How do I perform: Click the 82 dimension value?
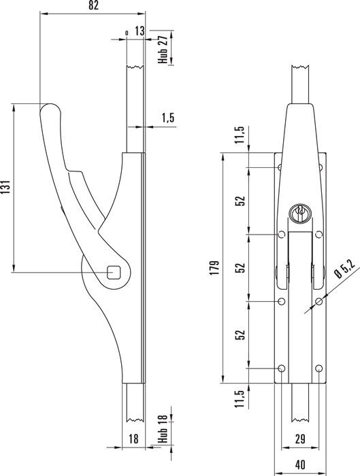coord(94,5)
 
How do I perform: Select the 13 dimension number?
coord(139,31)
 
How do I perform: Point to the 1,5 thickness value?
coord(168,118)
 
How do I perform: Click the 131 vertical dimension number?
coord(5,188)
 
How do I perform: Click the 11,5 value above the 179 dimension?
coord(240,136)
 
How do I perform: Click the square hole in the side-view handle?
coord(116,272)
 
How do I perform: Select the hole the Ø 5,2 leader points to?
coord(319,301)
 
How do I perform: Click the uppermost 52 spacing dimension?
coord(240,202)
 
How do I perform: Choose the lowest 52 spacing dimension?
coord(240,335)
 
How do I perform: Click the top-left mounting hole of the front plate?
coord(280,167)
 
